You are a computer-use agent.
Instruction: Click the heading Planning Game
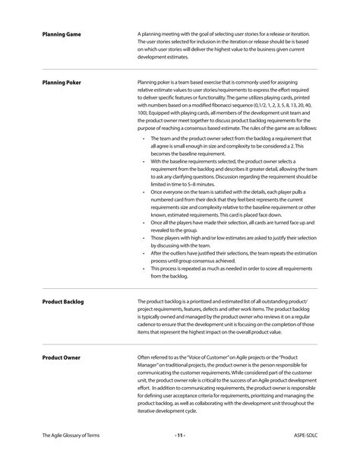[62, 34]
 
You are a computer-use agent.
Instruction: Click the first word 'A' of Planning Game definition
[139, 34]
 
